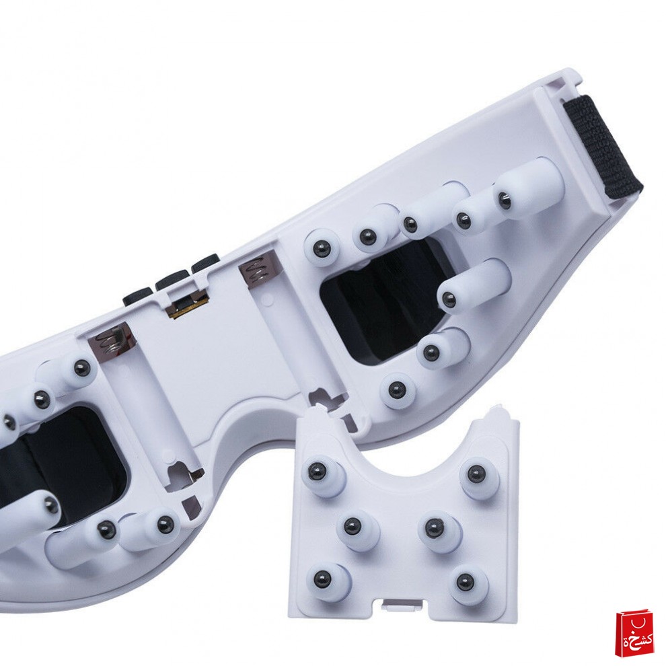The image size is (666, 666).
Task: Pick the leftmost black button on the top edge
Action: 138,295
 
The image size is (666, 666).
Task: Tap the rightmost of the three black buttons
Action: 206,262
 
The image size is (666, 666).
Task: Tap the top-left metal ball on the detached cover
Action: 318,470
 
